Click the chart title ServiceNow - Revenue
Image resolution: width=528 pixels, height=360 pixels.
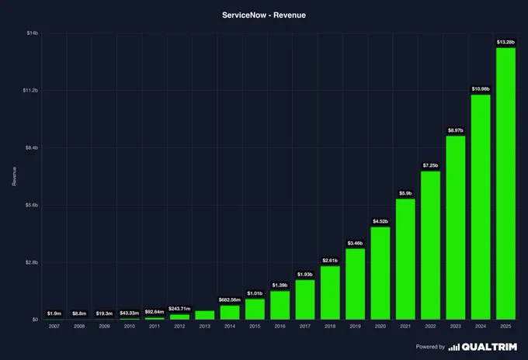tap(264, 16)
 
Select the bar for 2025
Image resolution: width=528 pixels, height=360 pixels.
tap(505, 184)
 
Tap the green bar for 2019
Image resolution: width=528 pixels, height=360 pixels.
tap(356, 284)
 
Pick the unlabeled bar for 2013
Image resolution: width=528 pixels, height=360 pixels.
tap(205, 315)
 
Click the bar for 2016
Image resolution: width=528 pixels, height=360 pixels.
tap(280, 305)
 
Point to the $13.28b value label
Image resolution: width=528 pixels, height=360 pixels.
tap(505, 42)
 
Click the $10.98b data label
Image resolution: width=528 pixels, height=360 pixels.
tap(481, 88)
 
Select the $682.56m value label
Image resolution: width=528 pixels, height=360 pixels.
tap(230, 299)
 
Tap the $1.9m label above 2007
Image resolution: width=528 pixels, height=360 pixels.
tap(54, 313)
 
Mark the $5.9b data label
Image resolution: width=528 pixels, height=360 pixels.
tap(405, 193)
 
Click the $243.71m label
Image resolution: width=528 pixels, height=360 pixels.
tap(179, 309)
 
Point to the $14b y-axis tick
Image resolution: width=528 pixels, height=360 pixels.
tap(33, 33)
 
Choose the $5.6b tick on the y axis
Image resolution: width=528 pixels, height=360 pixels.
tap(32, 206)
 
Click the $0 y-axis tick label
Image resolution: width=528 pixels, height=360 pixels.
tap(35, 320)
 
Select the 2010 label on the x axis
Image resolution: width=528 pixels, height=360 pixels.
tap(130, 327)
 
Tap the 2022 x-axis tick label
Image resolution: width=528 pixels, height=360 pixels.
tap(430, 327)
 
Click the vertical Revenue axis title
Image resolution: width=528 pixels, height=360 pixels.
tap(14, 176)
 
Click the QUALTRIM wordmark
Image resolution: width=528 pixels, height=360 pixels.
tap(489, 347)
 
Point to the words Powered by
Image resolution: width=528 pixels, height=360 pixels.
tap(430, 347)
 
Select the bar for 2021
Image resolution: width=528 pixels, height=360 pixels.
tap(405, 259)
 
